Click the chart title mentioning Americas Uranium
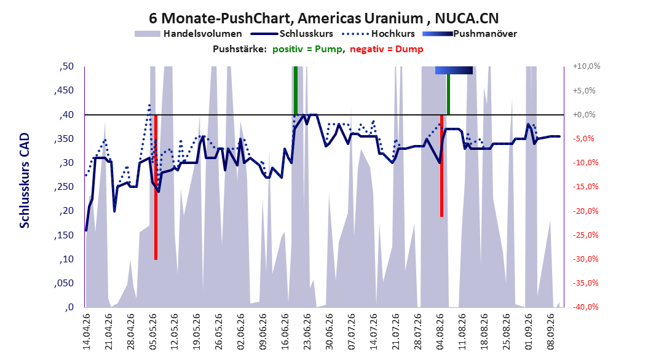[323, 18]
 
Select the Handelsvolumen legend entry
[189, 34]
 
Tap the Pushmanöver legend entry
[470, 34]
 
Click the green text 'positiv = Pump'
[307, 49]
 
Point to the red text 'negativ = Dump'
[387, 49]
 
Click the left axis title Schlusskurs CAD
[25, 180]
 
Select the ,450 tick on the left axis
[64, 90]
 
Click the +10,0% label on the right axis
[587, 66]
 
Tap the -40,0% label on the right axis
[585, 307]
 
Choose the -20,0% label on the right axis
[585, 211]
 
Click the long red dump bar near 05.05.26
[156, 187]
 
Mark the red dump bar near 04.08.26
[441, 165]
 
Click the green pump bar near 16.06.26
[296, 90]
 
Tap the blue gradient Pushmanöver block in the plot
[454, 70]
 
